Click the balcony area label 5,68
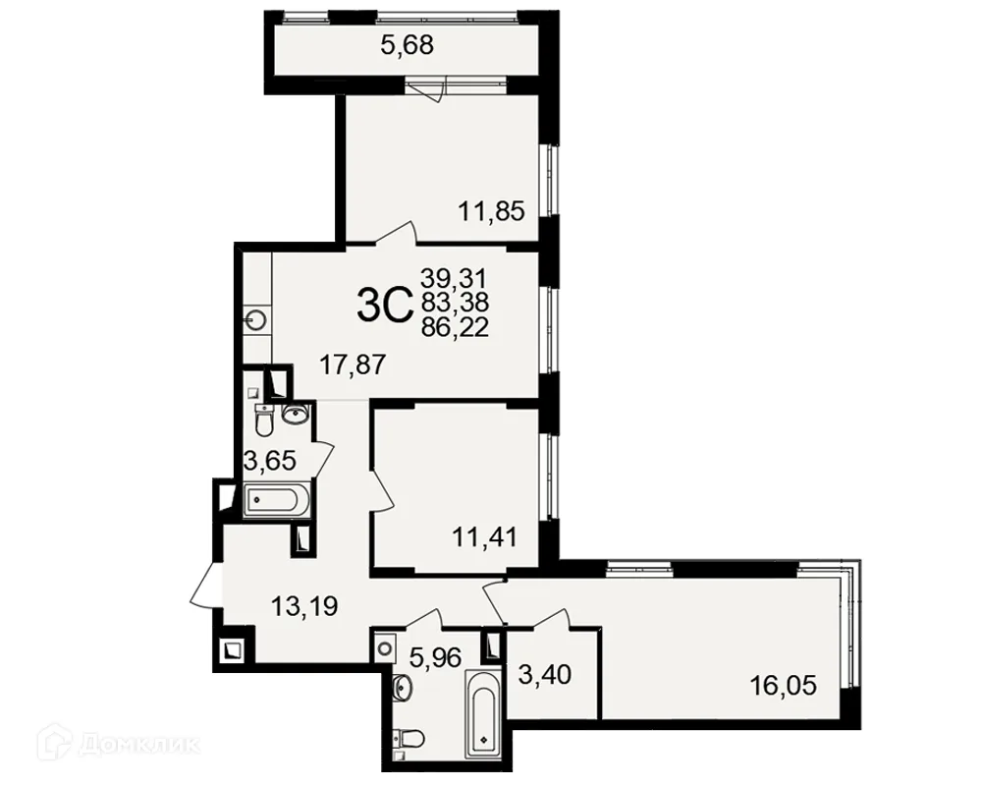point(408,45)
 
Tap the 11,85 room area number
point(491,211)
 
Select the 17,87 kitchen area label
point(353,364)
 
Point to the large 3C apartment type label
point(385,304)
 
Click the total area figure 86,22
point(455,327)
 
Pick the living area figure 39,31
point(454,277)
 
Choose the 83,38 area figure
point(455,302)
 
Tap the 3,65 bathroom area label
point(270,461)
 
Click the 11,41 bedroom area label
point(485,537)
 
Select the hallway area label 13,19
point(304,606)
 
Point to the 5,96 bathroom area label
point(435,657)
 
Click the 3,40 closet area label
point(545,674)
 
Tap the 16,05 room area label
point(784,686)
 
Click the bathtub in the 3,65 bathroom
point(274,499)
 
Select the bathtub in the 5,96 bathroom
point(482,713)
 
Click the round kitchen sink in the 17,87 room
point(256,320)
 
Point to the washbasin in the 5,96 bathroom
point(402,688)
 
